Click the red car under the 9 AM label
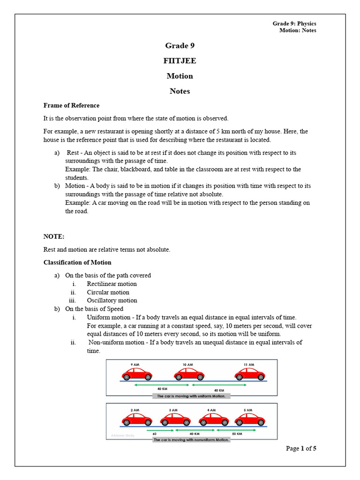pyautogui.click(x=137, y=374)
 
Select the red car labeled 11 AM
pyautogui.click(x=250, y=374)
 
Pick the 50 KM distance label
pyautogui.click(x=237, y=434)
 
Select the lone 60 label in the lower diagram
pyautogui.click(x=154, y=434)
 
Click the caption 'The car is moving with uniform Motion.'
pyautogui.click(x=191, y=396)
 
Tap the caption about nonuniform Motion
pyautogui.click(x=191, y=440)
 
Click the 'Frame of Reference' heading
pyautogui.click(x=71, y=105)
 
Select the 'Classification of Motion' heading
pyautogui.click(x=77, y=262)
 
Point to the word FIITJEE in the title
pyautogui.click(x=180, y=61)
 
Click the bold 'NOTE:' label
pyautogui.click(x=54, y=237)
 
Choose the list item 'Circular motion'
pyautogui.click(x=108, y=292)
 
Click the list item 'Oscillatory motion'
pyautogui.click(x=112, y=300)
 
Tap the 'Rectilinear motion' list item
pyautogui.click(x=112, y=284)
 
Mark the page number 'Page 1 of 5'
pyautogui.click(x=301, y=449)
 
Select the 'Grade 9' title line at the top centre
pyautogui.click(x=180, y=45)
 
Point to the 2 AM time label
pyautogui.click(x=135, y=410)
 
